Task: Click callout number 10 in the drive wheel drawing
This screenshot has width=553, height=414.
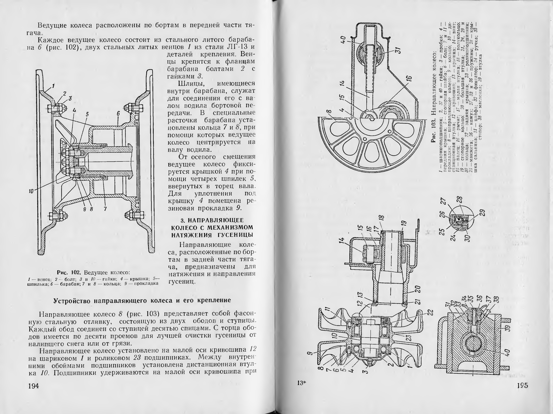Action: (31, 191)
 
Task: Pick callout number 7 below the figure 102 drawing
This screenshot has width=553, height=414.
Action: (105, 209)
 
